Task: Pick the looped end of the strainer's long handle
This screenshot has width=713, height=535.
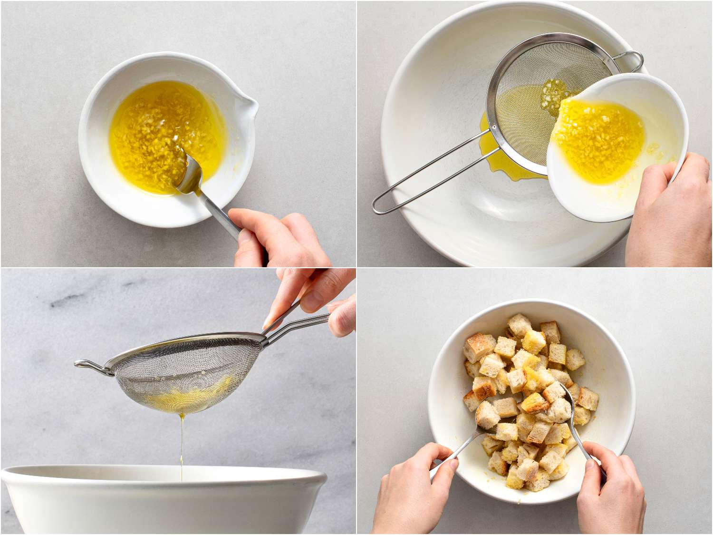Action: pyautogui.click(x=380, y=207)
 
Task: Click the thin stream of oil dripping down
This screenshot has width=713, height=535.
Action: pyautogui.click(x=182, y=442)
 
